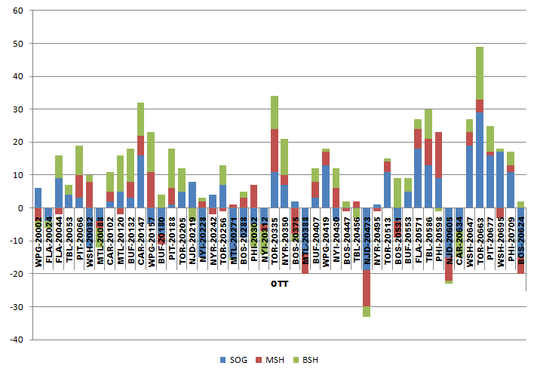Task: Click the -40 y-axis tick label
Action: [x=16, y=340]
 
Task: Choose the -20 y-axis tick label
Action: [x=16, y=274]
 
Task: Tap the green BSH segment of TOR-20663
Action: [x=480, y=73]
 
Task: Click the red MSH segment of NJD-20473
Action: [x=367, y=287]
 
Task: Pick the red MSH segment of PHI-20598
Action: [x=438, y=155]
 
